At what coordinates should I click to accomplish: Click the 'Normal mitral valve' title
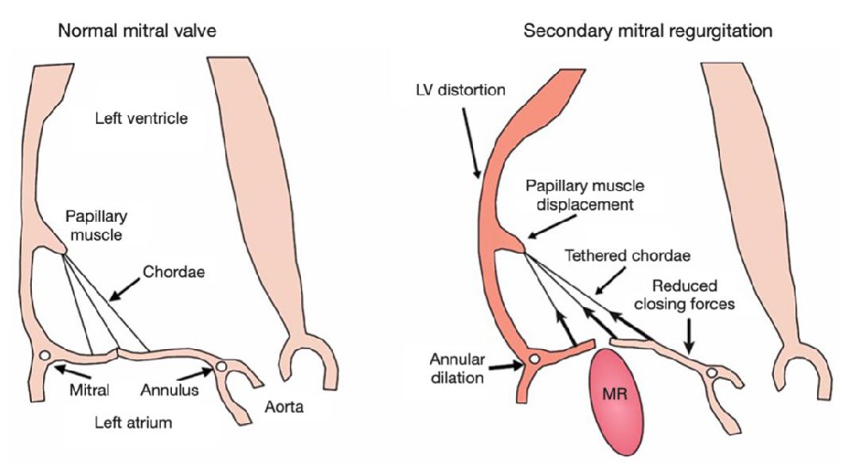pyautogui.click(x=137, y=31)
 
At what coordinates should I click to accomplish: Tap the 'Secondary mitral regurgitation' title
pyautogui.click(x=648, y=31)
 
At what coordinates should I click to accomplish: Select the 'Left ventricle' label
pyautogui.click(x=142, y=119)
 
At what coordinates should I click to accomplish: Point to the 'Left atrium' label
pyautogui.click(x=133, y=423)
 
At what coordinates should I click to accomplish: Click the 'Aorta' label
pyautogui.click(x=284, y=407)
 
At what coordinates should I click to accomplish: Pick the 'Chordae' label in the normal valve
pyautogui.click(x=174, y=272)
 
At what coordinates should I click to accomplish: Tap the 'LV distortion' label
pyautogui.click(x=461, y=90)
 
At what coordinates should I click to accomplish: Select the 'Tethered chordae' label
pyautogui.click(x=628, y=256)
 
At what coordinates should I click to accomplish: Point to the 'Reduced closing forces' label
pyautogui.click(x=685, y=294)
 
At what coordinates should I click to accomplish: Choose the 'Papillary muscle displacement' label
pyautogui.click(x=585, y=195)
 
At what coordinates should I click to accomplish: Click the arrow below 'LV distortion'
pyautogui.click(x=471, y=143)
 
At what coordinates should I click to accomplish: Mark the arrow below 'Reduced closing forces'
pyautogui.click(x=690, y=334)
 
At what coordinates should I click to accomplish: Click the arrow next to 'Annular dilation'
pyautogui.click(x=505, y=365)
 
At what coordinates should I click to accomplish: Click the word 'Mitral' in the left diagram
pyautogui.click(x=89, y=389)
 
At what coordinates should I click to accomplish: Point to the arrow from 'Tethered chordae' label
pyautogui.click(x=611, y=280)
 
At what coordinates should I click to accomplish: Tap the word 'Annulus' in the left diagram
pyautogui.click(x=169, y=389)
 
